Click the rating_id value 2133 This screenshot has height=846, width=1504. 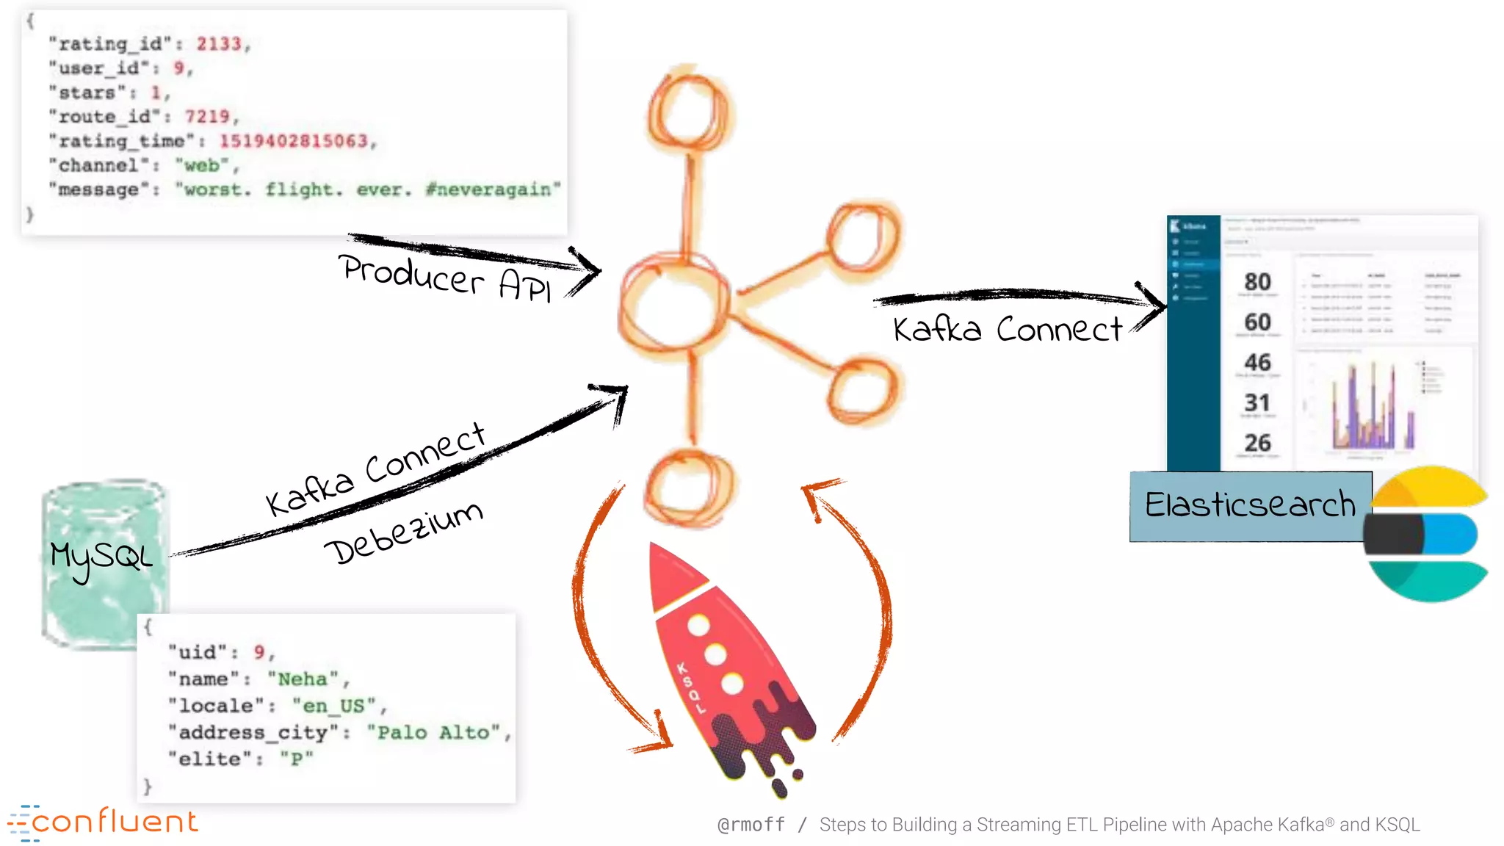point(219,44)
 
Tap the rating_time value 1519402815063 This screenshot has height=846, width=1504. point(294,141)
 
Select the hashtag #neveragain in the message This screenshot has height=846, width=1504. point(492,189)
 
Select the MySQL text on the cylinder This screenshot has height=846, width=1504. point(101,558)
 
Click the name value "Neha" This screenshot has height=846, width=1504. point(303,679)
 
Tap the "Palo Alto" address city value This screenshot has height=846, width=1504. point(433,733)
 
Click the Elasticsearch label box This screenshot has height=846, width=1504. point(1250,506)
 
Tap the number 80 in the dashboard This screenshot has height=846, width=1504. point(1257,282)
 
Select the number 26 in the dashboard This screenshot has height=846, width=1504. point(1257,443)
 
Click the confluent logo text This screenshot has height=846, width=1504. point(114,822)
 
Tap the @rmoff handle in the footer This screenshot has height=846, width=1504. point(751,825)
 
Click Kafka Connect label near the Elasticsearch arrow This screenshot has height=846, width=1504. point(1008,329)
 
